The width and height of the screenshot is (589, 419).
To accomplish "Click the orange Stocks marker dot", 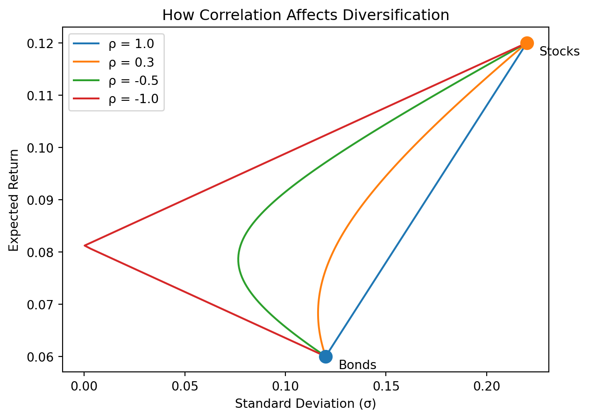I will point(527,43).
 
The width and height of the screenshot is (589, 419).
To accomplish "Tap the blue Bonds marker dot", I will point(326,356).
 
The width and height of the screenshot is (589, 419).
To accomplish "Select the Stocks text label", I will point(559,52).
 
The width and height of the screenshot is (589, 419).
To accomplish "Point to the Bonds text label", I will point(357,365).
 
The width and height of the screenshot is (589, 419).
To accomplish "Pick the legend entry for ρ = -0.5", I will point(133,80).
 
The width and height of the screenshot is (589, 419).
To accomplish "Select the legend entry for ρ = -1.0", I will point(133,98).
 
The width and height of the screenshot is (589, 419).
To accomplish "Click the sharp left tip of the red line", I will point(85,245).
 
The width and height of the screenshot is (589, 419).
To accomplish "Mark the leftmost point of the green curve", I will point(238,259).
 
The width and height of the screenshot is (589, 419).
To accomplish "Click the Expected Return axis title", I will point(14,200).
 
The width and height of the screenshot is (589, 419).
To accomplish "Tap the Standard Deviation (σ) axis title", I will point(305,404).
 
